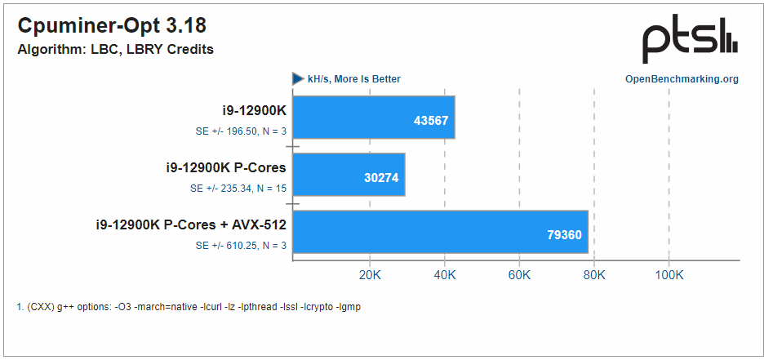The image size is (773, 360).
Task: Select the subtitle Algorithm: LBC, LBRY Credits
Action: (115, 49)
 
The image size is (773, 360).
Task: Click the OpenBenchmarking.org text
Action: (682, 79)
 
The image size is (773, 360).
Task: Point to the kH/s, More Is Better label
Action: (353, 79)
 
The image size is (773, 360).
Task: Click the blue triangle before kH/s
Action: (298, 79)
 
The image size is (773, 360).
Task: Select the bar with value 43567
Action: (373, 118)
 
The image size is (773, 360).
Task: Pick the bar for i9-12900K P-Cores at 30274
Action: (349, 175)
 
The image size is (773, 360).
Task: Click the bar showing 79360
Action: (441, 232)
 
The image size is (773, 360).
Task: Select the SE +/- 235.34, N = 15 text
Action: (235, 188)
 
